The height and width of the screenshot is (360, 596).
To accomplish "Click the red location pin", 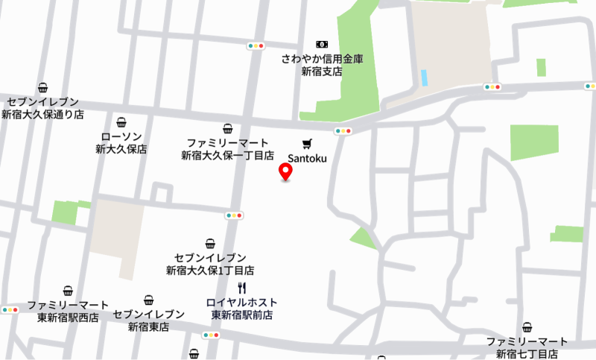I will tap(285, 171).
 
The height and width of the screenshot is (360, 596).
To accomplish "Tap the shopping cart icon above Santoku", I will tap(307, 143).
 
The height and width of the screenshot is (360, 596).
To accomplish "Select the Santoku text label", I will tap(307, 158).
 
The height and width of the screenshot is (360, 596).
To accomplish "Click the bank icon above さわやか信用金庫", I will tap(321, 45).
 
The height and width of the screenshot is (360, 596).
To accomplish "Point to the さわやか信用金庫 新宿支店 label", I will tap(321, 65).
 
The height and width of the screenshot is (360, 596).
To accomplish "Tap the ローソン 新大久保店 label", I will tap(121, 142).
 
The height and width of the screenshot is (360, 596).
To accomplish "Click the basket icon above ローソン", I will tap(121, 122).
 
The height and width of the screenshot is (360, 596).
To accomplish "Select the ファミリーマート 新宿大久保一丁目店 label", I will tap(228, 149).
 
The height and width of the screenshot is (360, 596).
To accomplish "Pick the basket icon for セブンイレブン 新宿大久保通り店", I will tap(42, 87).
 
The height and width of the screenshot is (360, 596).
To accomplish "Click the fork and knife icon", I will tap(241, 288).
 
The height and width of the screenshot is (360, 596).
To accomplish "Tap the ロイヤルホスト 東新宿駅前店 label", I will tap(242, 309).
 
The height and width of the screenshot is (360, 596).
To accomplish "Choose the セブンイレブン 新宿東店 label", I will tap(148, 320).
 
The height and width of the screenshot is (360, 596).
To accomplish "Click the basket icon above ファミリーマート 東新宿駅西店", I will tap(68, 291).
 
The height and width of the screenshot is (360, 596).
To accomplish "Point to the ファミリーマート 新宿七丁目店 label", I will tap(527, 347).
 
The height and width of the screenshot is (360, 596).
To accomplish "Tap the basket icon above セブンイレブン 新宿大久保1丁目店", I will tap(210, 243).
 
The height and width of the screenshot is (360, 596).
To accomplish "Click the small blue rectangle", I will tap(424, 78).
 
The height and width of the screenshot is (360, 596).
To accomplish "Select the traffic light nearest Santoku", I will tap(343, 131).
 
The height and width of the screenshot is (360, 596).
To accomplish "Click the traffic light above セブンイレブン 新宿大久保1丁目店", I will tap(234, 215).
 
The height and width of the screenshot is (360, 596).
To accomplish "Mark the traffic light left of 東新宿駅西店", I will tap(10, 309).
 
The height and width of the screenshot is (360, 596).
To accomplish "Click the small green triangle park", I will tap(364, 239).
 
